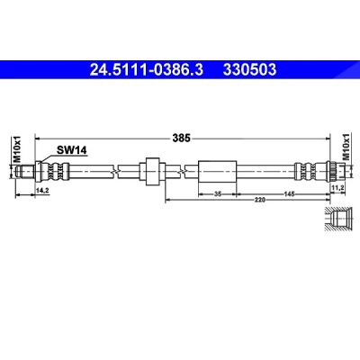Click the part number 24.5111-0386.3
coord(147,69)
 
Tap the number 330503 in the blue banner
coord(249,69)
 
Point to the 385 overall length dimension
coord(182,138)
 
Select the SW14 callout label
coord(72,150)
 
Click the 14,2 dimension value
coord(42,190)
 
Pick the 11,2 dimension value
coord(338,187)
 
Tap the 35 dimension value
coord(218,194)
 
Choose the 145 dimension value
coord(289,194)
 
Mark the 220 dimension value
coord(260,200)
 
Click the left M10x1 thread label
coord(18,149)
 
